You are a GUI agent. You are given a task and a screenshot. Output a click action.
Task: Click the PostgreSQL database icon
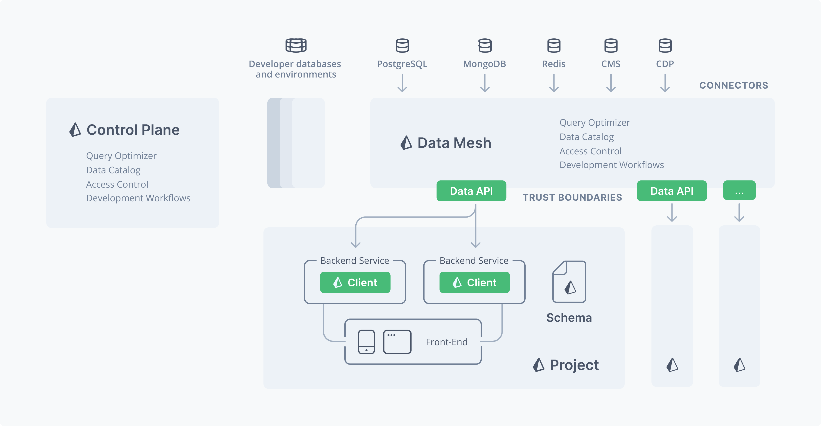(x=402, y=46)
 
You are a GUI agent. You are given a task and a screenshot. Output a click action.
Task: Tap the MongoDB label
(x=485, y=64)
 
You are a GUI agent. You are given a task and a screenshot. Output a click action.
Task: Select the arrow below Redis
(x=554, y=83)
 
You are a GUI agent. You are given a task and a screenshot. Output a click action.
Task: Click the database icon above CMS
(x=611, y=46)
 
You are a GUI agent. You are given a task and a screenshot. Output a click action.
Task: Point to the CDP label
(x=665, y=64)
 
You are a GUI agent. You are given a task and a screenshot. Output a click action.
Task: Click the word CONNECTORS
(x=734, y=85)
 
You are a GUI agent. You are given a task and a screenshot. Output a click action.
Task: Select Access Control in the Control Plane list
(x=117, y=184)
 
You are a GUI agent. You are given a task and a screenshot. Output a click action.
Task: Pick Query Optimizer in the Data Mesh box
(x=595, y=123)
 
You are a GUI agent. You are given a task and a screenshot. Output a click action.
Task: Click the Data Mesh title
(x=454, y=143)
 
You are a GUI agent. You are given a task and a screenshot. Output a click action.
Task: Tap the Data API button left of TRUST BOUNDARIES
(x=471, y=191)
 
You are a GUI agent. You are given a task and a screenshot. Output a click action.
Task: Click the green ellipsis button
(x=739, y=191)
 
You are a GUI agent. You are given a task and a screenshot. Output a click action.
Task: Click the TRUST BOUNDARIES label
(x=572, y=197)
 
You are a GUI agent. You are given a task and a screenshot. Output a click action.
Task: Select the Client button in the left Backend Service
(x=355, y=282)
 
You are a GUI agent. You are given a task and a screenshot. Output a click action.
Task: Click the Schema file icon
(x=569, y=282)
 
